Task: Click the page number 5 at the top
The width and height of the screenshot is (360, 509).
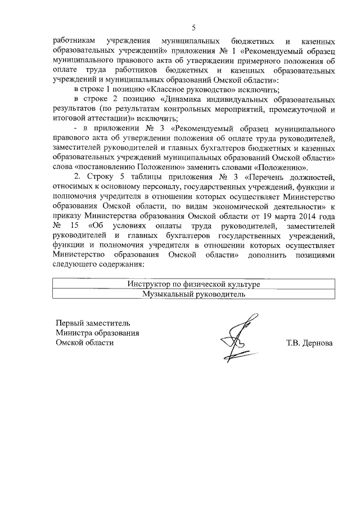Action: (x=193, y=28)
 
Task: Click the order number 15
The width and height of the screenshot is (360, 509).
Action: (x=74, y=226)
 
